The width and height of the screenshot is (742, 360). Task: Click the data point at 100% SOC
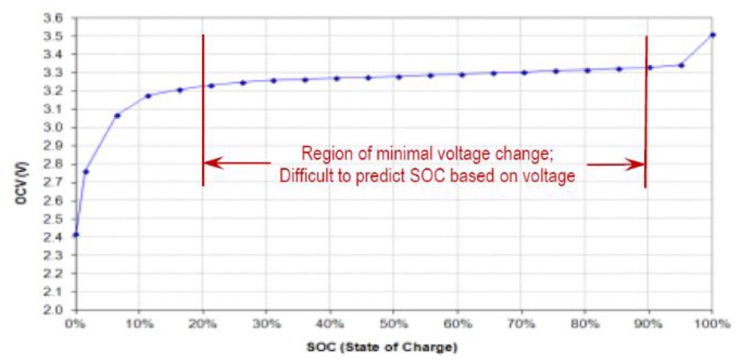[x=712, y=35]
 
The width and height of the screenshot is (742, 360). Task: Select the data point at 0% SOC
[x=76, y=234]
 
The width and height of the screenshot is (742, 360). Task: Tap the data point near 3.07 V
[x=117, y=115]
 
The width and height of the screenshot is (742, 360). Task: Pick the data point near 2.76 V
[x=86, y=171]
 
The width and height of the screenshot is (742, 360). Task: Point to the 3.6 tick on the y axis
[x=55, y=18]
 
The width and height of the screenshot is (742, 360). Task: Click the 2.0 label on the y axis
[x=55, y=310]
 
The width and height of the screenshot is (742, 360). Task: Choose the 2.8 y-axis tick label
[x=55, y=164]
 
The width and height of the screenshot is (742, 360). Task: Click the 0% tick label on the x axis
[x=75, y=324]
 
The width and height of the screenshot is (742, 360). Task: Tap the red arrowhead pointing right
[x=636, y=164]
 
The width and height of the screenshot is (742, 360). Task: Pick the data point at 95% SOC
[x=681, y=65]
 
